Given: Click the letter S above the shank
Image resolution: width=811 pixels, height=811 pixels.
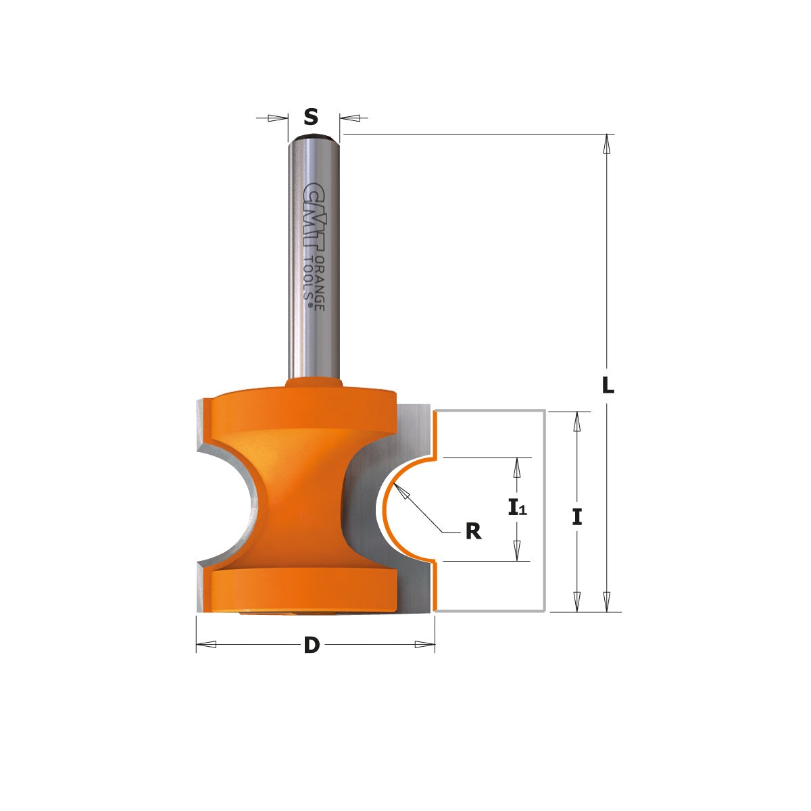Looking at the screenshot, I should click(x=310, y=118).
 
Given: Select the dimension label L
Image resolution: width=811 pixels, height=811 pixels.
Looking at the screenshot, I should click(x=608, y=385).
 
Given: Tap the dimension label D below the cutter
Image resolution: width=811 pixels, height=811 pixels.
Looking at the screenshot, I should click(x=311, y=645).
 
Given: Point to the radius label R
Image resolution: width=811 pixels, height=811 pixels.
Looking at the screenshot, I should click(x=473, y=532).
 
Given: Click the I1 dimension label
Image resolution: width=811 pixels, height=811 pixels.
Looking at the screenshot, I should click(x=517, y=507).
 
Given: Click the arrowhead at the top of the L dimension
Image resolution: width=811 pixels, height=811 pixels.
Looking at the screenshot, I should click(x=607, y=144).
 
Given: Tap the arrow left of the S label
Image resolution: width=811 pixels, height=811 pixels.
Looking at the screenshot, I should click(x=277, y=118).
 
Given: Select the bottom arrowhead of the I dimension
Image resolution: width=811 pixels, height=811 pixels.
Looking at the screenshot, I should click(x=576, y=601).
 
